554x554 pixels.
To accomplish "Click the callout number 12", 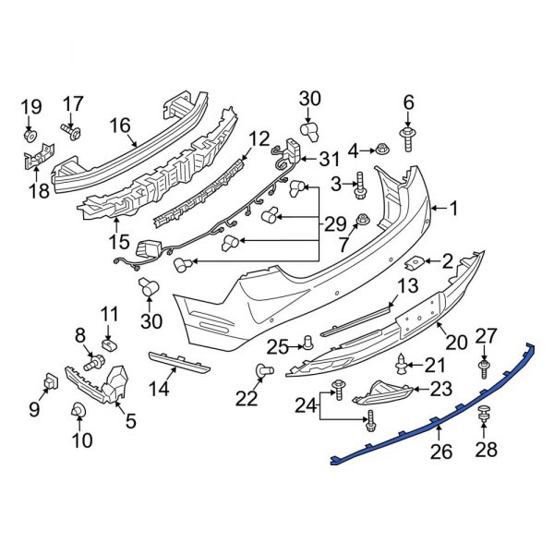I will click(259, 139).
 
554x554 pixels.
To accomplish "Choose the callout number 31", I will click(329, 159).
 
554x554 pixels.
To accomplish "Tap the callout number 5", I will click(130, 421).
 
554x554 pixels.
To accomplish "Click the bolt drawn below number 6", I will click(408, 139).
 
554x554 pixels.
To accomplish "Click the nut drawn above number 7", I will click(363, 221).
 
